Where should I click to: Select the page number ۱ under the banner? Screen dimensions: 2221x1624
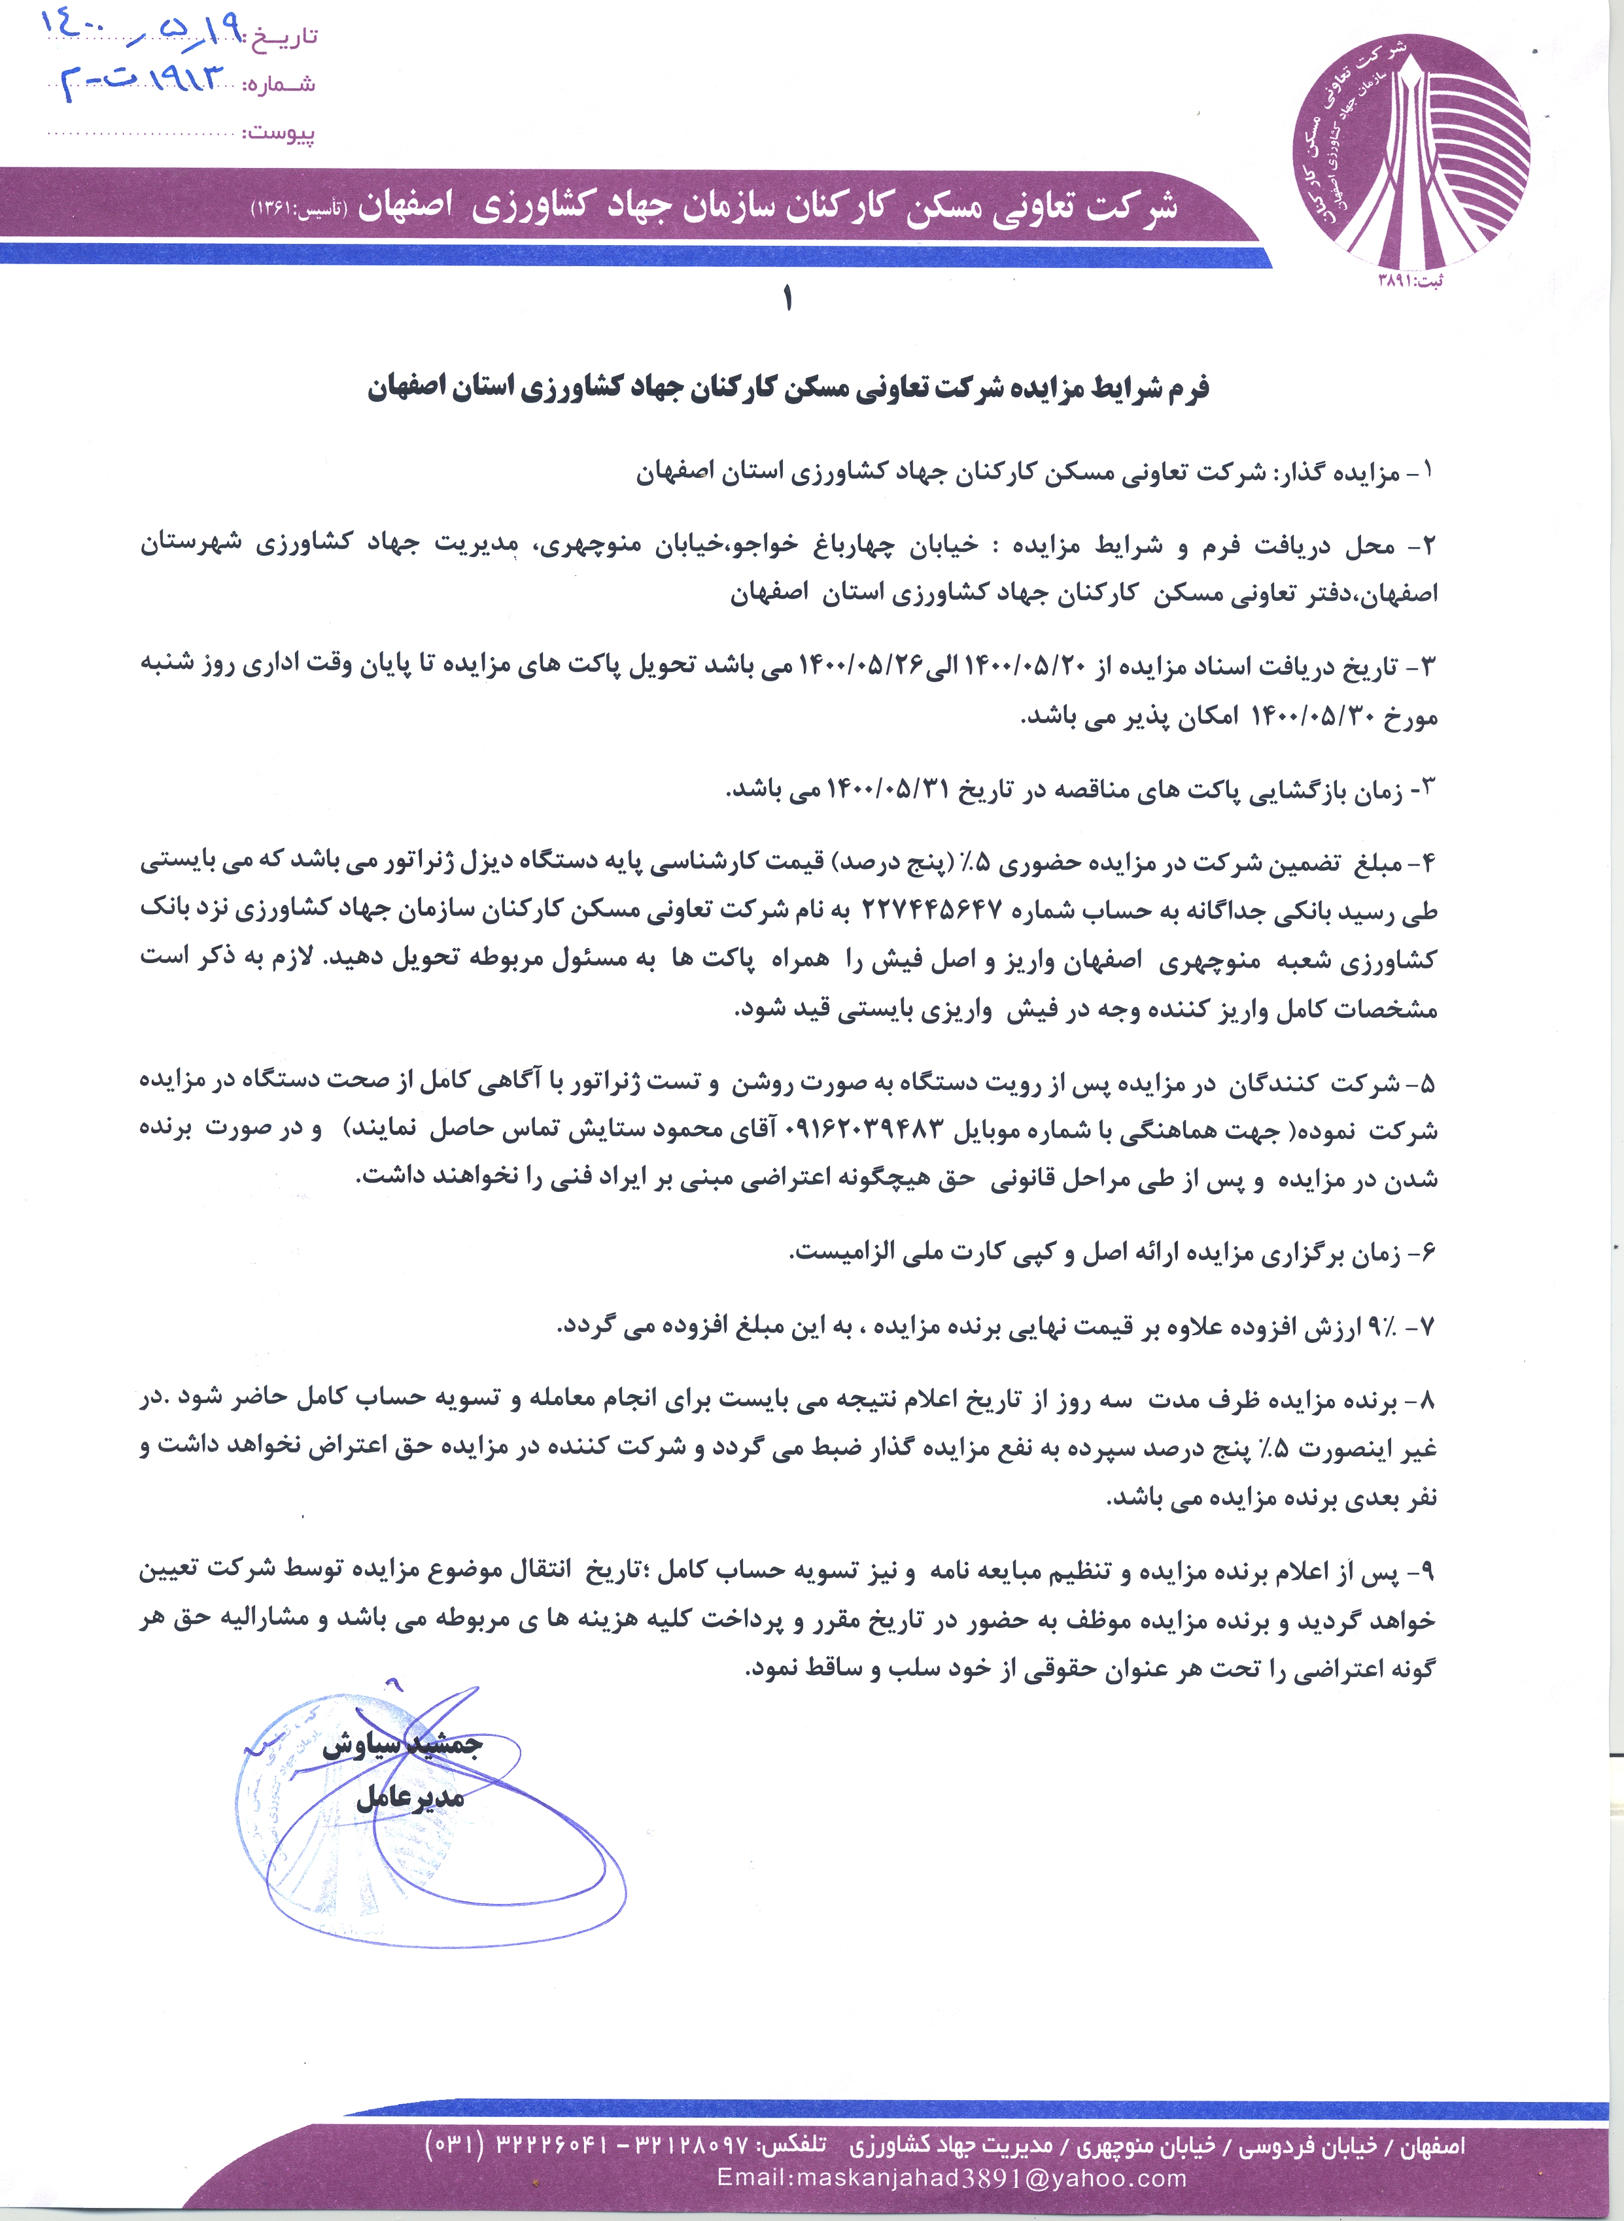point(787,299)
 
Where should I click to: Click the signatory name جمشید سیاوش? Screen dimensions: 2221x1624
point(402,1744)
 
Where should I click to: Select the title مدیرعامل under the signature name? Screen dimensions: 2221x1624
point(410,1797)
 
